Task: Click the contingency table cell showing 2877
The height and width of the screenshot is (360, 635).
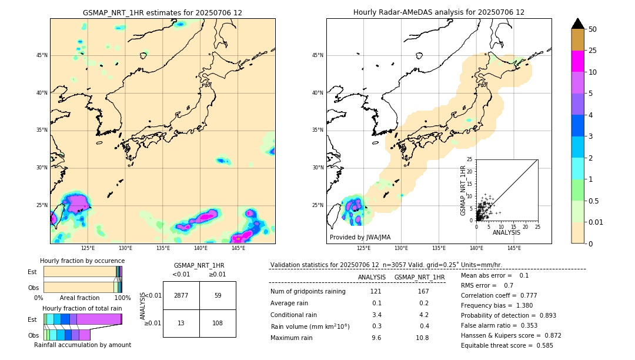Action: pos(181,295)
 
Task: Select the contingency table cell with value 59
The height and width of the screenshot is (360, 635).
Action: pos(218,295)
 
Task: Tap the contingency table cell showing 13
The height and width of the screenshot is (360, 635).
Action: pos(181,323)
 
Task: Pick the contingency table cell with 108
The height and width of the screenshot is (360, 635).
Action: pos(218,323)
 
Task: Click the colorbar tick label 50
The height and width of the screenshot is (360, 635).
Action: pos(593,29)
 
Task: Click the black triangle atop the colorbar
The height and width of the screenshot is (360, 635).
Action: pos(578,24)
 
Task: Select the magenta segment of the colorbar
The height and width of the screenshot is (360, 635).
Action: pos(578,61)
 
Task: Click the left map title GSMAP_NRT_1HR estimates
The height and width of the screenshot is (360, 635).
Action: pos(162,12)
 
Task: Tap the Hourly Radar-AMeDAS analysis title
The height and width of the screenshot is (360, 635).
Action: pos(439,12)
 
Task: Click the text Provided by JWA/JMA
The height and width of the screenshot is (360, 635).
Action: pos(360,238)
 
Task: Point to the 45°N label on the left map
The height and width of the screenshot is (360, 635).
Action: pos(42,55)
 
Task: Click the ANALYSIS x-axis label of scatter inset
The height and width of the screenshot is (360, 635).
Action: pos(506,233)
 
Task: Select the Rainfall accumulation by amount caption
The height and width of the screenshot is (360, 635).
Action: pos(82,345)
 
